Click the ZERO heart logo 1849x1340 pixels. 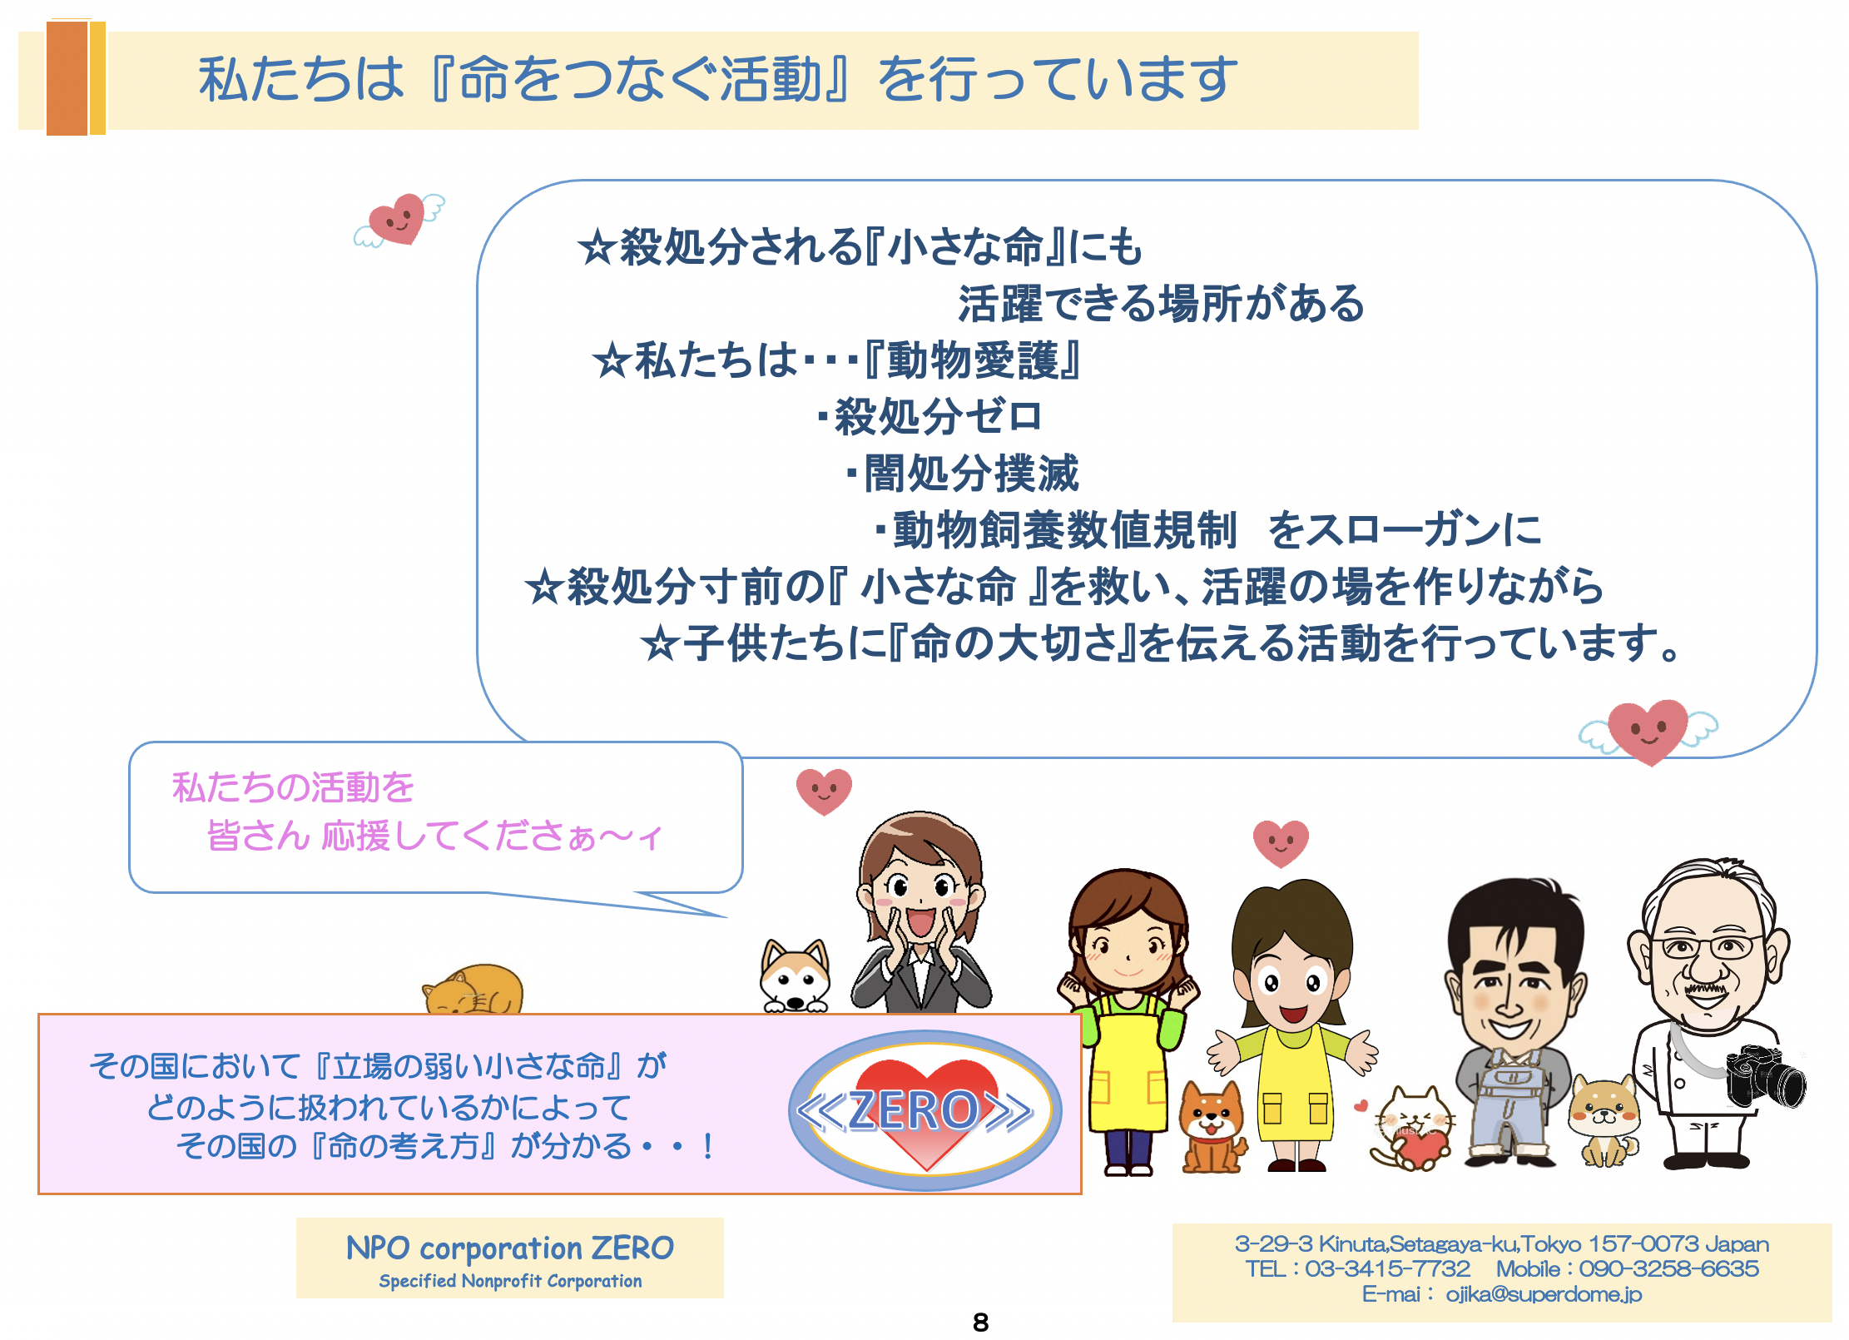(924, 1110)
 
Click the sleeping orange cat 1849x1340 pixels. (473, 990)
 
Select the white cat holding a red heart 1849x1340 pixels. (1412, 1128)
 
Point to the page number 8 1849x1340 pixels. (980, 1322)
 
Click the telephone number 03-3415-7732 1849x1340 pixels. (1387, 1268)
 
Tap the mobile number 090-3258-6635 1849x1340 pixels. (1668, 1268)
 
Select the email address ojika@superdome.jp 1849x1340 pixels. (1544, 1294)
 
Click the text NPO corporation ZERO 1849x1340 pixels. (510, 1248)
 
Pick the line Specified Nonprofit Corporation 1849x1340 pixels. (510, 1281)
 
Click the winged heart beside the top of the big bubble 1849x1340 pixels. (399, 220)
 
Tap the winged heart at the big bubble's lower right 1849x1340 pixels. (1648, 732)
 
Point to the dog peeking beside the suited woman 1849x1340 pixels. (796, 975)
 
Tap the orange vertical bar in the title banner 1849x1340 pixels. (67, 78)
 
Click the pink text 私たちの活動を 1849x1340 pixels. (293, 787)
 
